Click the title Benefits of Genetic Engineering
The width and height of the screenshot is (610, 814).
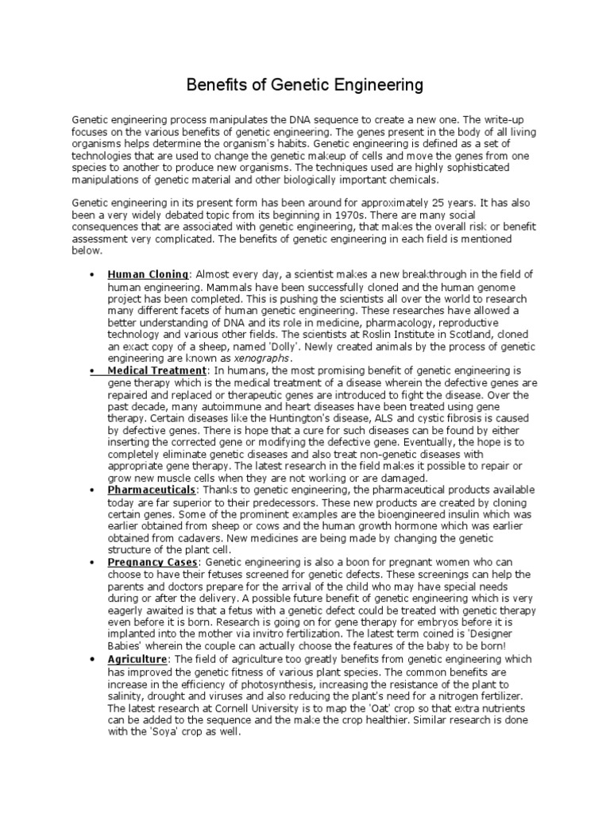coord(304,83)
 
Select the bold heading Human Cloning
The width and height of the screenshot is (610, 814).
coord(148,274)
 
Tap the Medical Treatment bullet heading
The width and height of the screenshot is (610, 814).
coord(157,370)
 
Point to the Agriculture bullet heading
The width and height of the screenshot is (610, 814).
coord(137,660)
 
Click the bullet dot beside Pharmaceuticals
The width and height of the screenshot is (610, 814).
coord(93,490)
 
